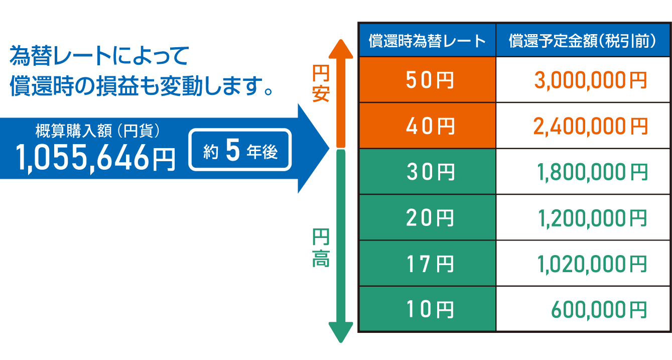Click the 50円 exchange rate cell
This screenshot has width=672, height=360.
click(428, 80)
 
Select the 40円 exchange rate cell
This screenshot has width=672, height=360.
click(428, 126)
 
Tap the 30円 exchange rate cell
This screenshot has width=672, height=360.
click(428, 172)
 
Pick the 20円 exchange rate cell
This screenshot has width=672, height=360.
click(428, 218)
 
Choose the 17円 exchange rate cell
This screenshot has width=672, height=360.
click(428, 263)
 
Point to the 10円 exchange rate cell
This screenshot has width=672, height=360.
click(428, 309)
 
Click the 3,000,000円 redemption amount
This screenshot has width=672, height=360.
click(590, 81)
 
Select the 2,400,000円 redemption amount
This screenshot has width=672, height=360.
click(590, 127)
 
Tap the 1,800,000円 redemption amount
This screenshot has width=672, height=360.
click(592, 173)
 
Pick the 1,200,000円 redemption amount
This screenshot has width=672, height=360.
click(592, 218)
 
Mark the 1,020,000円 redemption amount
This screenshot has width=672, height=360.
click(592, 265)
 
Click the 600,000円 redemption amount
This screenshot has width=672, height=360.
click(599, 310)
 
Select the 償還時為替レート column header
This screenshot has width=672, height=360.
click(428, 41)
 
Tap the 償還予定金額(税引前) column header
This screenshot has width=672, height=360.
click(583, 41)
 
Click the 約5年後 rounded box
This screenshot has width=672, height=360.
click(240, 150)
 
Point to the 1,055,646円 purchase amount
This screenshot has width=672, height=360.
click(95, 157)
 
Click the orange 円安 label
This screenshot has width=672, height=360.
click(321, 83)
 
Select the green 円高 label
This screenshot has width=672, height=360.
click(321, 248)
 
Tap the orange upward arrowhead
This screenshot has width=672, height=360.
click(341, 49)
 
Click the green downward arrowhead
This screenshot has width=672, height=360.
click(341, 332)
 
